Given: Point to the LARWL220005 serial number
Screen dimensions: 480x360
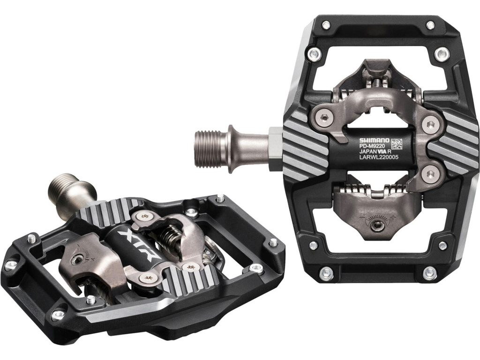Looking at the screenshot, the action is (378, 157).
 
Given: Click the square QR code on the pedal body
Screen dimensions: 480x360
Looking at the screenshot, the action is (397, 143).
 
